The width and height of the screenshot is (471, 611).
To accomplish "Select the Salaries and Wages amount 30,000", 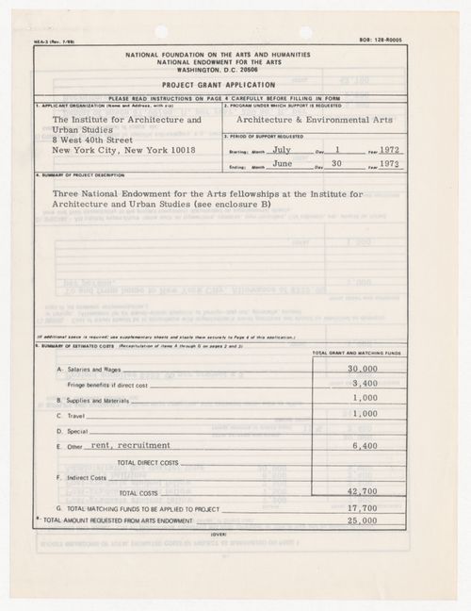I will pyautogui.click(x=363, y=369).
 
